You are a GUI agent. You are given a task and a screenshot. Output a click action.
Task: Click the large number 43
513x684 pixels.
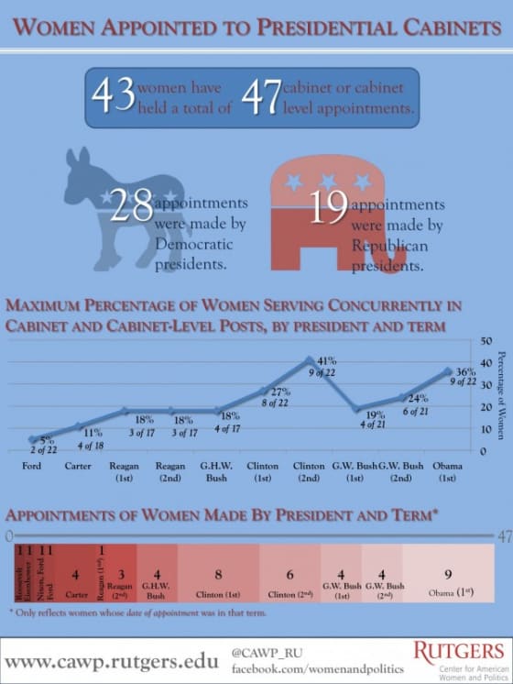[x=112, y=97]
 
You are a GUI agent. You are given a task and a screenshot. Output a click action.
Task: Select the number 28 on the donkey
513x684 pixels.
[x=131, y=207]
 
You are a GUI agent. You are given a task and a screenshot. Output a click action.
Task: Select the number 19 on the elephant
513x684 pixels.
[x=328, y=207]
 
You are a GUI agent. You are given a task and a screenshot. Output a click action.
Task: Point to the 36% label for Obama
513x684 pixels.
[x=466, y=372]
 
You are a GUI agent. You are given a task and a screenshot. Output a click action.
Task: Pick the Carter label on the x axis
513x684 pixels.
[x=80, y=466]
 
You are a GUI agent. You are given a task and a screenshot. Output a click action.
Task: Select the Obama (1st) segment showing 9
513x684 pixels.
[x=448, y=579]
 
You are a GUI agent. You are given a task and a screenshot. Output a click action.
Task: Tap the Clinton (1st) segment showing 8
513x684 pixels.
[x=217, y=579]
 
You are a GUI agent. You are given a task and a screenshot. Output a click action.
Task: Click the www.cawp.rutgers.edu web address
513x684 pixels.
[x=112, y=660]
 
